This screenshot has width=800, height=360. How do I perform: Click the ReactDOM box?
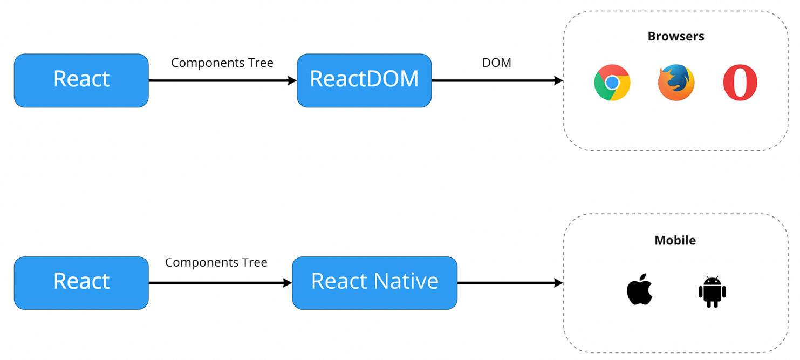[x=364, y=80]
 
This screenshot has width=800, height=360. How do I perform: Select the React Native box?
[x=374, y=282]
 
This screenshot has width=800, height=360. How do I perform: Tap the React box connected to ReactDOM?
[x=81, y=80]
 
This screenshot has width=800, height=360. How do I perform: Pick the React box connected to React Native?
[x=81, y=282]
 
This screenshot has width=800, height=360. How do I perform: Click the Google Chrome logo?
[x=612, y=83]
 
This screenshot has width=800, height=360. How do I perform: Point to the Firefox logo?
[x=676, y=83]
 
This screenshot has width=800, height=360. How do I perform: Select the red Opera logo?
[x=740, y=83]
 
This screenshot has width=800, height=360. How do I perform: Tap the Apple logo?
[x=640, y=290]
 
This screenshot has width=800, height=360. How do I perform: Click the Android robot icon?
[x=712, y=292]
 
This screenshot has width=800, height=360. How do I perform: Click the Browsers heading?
[x=675, y=37]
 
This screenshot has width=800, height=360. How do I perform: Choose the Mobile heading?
[x=675, y=240]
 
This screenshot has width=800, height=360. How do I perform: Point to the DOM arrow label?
[x=496, y=63]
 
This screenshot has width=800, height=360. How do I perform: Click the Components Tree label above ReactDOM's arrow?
[x=222, y=63]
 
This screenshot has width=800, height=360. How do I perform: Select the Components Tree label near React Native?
[x=216, y=262]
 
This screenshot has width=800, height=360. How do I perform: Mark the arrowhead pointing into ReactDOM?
[x=292, y=80]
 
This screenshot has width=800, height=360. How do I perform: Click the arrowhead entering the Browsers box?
[x=559, y=80]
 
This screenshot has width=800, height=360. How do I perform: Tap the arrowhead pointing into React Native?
[x=288, y=283]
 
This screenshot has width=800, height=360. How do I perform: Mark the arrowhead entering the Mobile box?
[x=559, y=283]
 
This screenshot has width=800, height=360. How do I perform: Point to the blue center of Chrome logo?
[x=612, y=83]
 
